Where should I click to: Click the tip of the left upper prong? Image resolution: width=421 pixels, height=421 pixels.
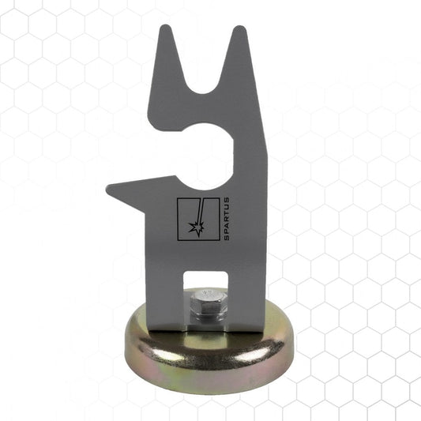[x=165, y=25]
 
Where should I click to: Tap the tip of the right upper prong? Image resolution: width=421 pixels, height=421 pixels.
[x=239, y=26]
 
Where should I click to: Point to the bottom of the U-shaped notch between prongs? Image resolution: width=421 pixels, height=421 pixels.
[x=202, y=93]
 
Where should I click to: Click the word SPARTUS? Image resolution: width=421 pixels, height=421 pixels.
[x=227, y=219]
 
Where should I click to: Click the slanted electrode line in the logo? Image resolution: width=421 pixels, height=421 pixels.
[x=200, y=211]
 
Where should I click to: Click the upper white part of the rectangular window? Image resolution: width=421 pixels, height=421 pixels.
[x=205, y=280]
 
